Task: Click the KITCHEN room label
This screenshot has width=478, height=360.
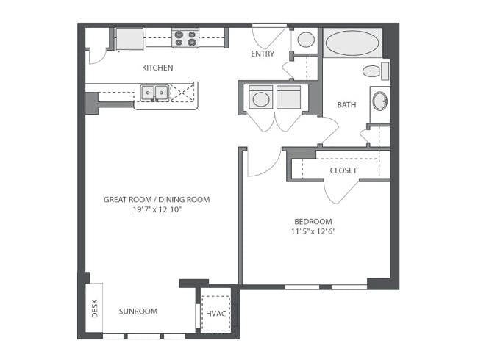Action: point(157,68)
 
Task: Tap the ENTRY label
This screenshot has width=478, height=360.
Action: point(263,54)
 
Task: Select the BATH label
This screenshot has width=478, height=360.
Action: point(346,105)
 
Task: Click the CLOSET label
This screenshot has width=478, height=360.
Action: point(343,170)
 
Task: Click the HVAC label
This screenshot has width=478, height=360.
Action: point(216,314)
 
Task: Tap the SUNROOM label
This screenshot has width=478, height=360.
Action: point(138,312)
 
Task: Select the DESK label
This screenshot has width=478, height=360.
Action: point(95,309)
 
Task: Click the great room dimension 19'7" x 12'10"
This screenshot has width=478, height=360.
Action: point(157,209)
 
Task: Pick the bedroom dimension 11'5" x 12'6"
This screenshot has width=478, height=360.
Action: point(313,231)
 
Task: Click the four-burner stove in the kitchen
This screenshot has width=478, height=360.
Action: point(185,38)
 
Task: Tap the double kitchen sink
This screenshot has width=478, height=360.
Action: point(154,93)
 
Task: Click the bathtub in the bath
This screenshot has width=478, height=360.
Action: point(352,43)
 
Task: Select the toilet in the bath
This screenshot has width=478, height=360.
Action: point(376,71)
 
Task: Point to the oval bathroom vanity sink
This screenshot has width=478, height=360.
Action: point(380,101)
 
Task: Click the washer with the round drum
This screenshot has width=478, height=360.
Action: point(261,97)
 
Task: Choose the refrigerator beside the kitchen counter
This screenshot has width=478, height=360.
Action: point(129,39)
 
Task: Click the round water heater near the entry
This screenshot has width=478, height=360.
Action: point(306,40)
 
